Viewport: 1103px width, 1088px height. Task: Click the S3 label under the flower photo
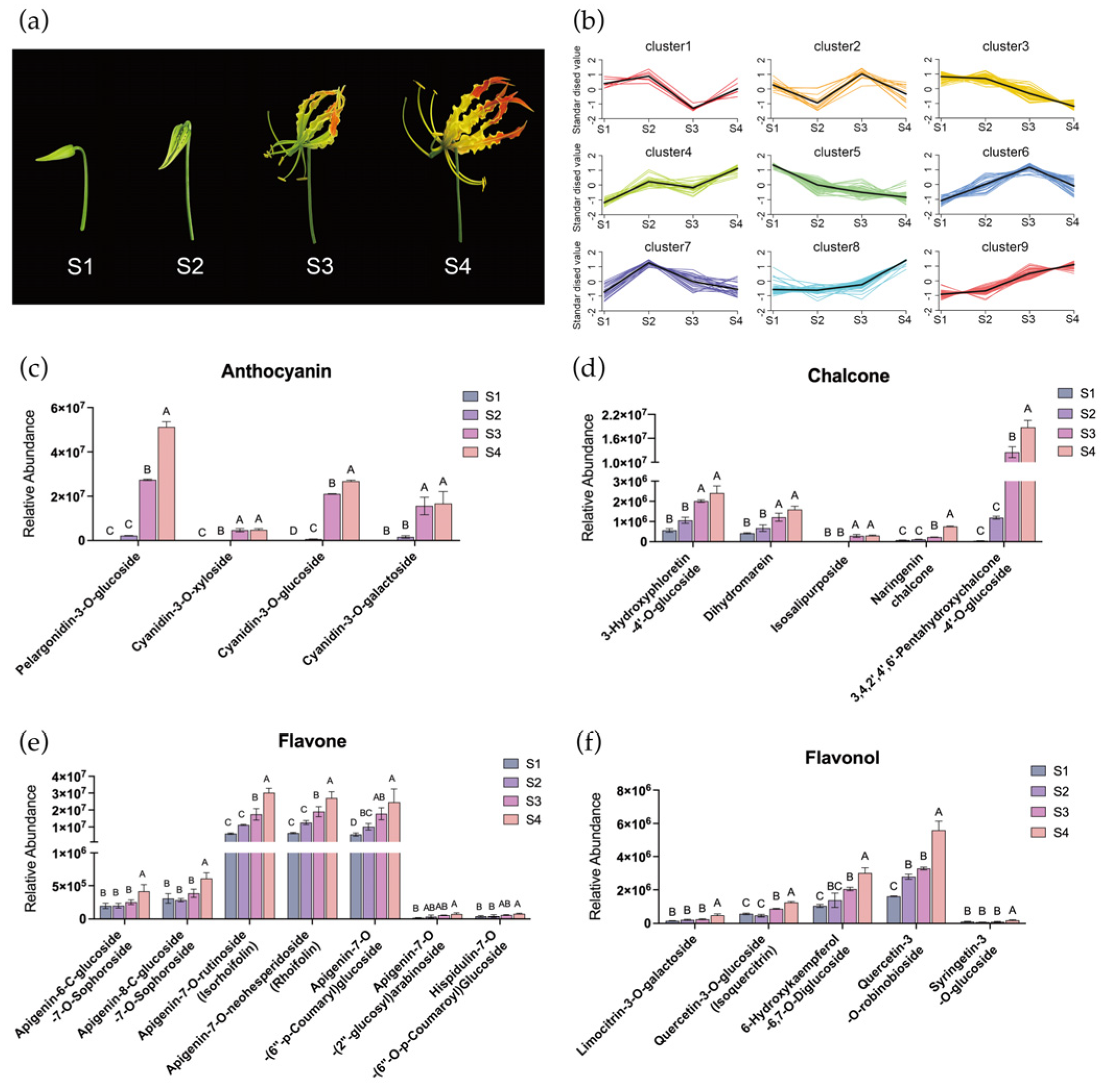[319, 266]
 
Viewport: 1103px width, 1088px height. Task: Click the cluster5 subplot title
[836, 152]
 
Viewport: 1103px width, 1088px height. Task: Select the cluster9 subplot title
[1005, 247]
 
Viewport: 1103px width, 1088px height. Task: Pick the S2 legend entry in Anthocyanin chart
[483, 415]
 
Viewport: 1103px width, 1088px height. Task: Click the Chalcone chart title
[848, 376]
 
